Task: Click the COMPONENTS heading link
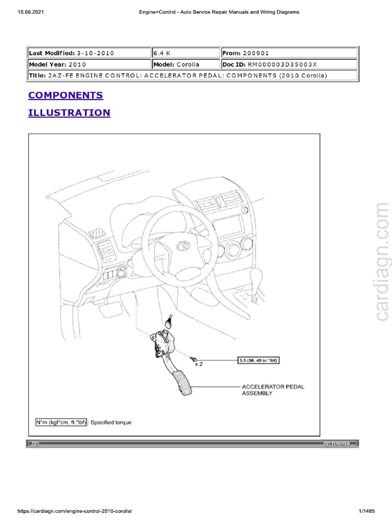click(65, 96)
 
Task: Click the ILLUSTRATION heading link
click(69, 112)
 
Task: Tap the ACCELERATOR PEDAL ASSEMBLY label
click(273, 390)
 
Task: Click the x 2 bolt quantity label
click(198, 364)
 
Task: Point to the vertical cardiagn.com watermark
click(382, 263)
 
